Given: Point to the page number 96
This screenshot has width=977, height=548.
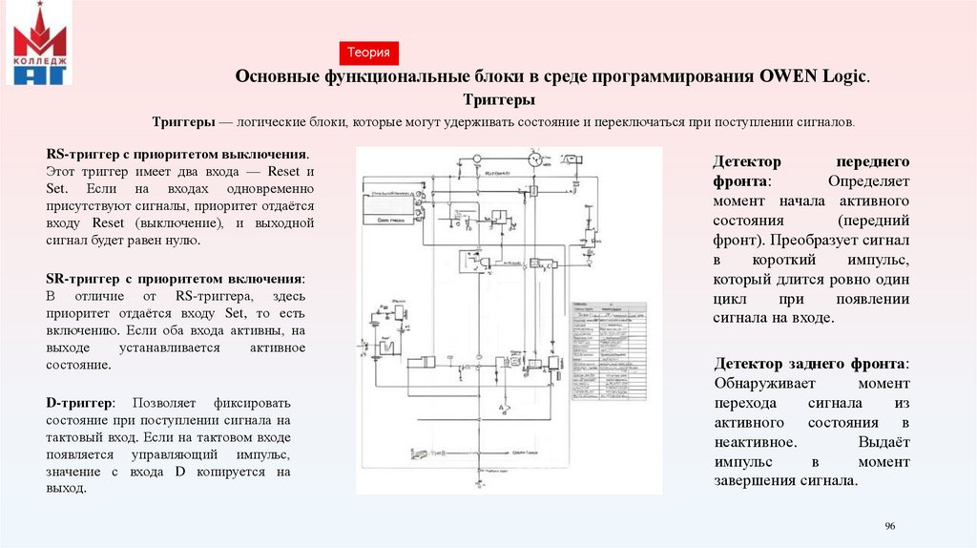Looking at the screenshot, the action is coord(891,527).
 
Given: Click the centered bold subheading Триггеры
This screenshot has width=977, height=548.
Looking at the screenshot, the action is coord(498,100).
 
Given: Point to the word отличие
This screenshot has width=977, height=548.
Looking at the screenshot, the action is coord(106,295).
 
